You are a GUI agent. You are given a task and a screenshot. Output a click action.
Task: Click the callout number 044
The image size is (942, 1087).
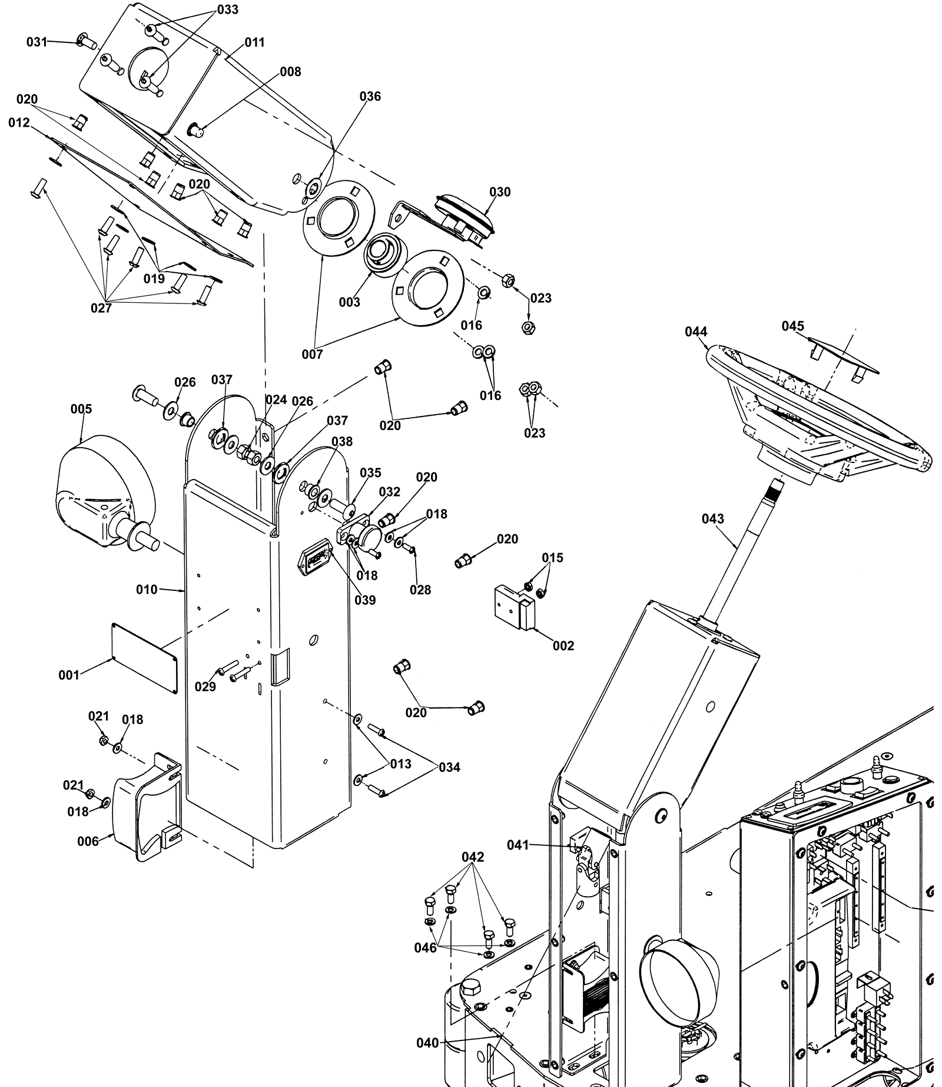point(696,332)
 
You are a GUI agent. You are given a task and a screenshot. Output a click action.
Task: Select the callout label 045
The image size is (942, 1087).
point(793,326)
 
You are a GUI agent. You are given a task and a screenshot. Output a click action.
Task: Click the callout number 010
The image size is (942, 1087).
point(147,589)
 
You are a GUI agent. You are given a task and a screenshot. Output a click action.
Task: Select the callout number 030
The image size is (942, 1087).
point(500,192)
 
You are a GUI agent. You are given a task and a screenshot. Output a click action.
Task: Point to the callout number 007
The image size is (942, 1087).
point(312,354)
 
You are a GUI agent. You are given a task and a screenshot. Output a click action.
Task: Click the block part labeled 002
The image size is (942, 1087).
point(515,607)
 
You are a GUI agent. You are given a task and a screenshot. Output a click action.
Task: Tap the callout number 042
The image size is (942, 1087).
point(473,857)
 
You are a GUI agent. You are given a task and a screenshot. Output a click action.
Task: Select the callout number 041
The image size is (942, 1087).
point(518,845)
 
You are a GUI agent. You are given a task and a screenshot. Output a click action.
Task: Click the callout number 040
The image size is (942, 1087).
point(427,1043)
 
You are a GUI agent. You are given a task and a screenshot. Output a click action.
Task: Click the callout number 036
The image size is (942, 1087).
point(370,96)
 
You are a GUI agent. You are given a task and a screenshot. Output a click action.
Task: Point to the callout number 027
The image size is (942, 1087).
point(101,308)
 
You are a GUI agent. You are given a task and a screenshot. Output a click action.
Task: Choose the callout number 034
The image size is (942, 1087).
point(449,767)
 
